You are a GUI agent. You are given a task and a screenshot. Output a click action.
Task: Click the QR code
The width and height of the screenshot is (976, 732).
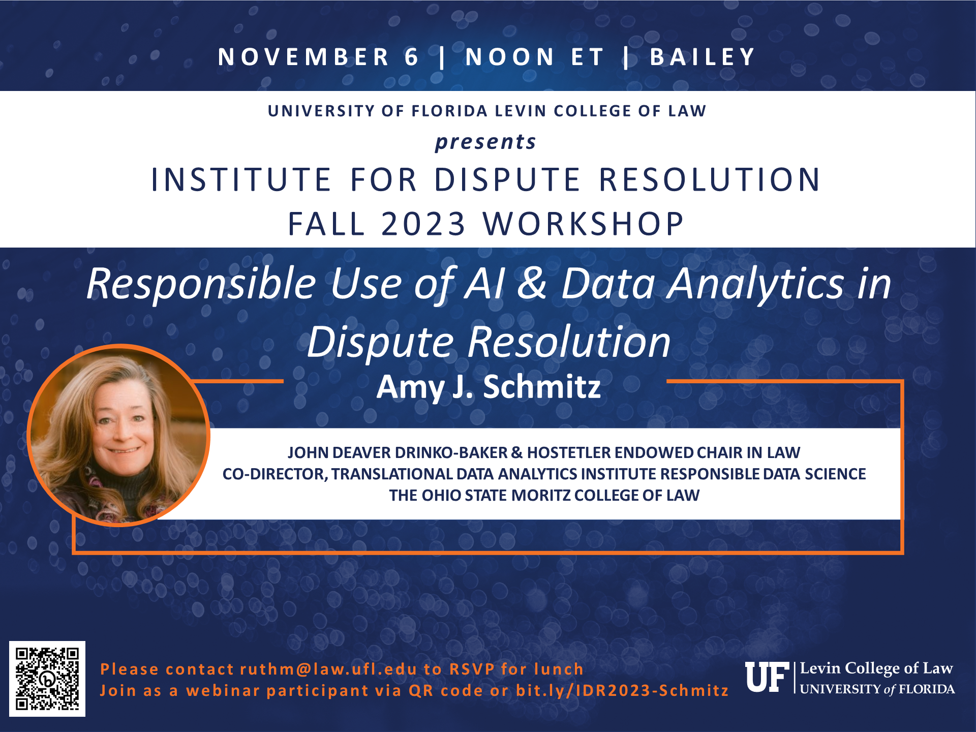pos(47,679)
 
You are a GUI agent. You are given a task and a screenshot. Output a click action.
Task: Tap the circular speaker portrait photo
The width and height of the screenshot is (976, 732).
pos(118,435)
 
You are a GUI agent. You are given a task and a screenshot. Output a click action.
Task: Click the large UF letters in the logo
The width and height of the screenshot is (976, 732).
pos(767,678)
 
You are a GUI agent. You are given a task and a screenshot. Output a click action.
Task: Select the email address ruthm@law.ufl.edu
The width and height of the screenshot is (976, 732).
pos(328,669)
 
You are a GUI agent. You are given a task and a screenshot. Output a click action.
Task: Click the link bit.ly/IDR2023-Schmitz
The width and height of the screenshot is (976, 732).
pos(622,690)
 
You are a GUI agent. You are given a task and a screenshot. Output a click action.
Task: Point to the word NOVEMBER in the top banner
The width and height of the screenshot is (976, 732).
pos(303,57)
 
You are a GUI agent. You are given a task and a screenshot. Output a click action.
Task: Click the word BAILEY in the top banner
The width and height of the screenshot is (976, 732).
pos(703,57)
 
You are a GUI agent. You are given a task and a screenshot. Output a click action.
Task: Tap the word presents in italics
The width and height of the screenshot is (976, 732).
pos(485,142)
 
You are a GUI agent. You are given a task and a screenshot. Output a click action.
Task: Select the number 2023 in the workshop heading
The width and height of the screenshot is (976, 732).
pos(423,224)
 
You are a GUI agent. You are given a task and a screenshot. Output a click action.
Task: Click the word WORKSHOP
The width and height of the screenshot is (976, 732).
pos(584,224)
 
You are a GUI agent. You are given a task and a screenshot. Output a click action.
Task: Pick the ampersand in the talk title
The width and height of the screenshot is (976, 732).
pos(532,283)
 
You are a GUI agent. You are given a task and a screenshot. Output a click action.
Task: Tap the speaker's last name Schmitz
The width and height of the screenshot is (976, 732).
pos(542,387)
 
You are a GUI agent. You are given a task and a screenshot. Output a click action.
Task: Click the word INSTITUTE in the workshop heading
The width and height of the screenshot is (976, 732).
pos(241,179)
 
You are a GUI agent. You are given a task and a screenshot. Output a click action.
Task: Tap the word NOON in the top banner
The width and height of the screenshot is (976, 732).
pos(510,57)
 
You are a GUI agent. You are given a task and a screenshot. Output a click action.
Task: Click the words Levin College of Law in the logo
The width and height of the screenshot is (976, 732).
pos(876,668)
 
